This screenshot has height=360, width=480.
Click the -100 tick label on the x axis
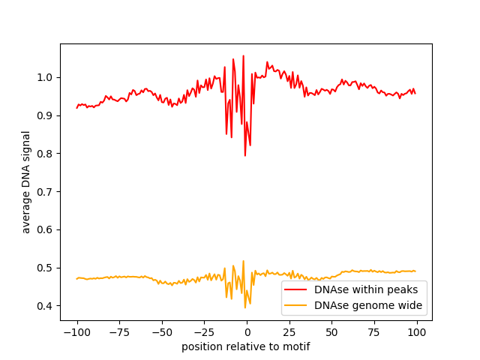pos(76,331)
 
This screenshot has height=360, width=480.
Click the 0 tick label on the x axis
pos(247,331)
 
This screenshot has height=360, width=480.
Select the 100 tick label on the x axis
pos(417,331)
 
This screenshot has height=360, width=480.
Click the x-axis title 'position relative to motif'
pos(246,346)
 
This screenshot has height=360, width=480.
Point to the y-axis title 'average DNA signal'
pos(26,182)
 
